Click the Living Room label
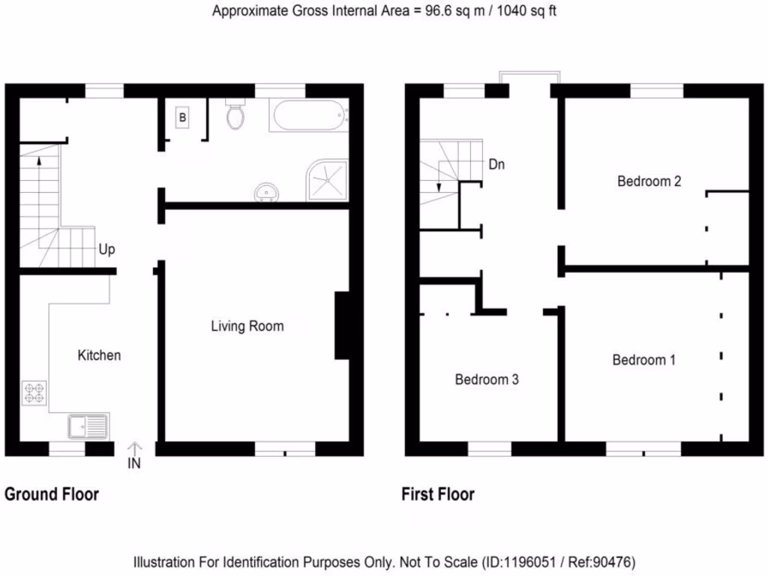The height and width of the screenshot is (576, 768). point(247,326)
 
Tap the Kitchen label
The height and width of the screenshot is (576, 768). point(99,355)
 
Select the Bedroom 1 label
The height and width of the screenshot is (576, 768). point(643,360)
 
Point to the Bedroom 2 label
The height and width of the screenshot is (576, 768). point(649,181)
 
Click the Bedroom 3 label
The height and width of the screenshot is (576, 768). point(487,379)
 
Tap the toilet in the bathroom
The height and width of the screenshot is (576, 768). point(235,115)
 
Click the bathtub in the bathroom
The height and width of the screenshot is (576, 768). point(310,116)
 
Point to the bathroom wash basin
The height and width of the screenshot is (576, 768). point(265,193)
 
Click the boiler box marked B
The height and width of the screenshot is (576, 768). point(182,118)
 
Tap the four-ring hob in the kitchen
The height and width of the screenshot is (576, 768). point(34,393)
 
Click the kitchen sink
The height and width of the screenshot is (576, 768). point(88,427)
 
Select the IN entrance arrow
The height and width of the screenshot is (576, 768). point(134,455)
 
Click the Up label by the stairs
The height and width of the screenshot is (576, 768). point(107,250)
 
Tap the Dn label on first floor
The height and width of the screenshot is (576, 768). point(496,164)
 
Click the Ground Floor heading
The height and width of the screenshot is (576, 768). point(52,494)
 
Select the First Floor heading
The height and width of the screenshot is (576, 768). point(438,494)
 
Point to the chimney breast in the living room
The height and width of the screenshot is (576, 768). point(342,325)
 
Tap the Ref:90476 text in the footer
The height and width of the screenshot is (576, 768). point(606,562)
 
